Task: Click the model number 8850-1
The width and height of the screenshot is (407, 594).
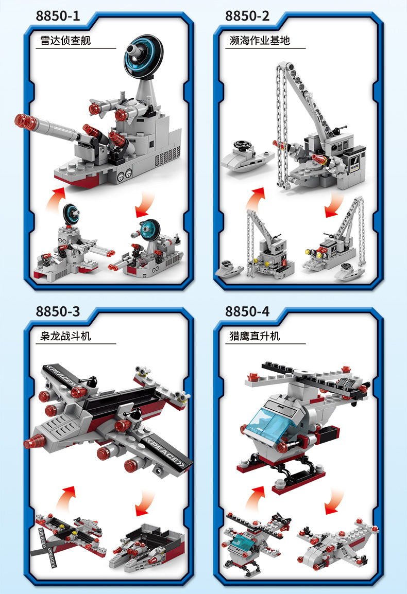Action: (x=58, y=15)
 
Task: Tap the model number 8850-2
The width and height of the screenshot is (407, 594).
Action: (x=247, y=15)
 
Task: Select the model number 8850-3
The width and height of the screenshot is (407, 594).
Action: (x=58, y=311)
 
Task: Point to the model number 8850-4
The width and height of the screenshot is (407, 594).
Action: (x=247, y=311)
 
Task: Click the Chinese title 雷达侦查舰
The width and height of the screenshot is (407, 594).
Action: (x=65, y=40)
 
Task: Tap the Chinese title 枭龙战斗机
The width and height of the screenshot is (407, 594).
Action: (x=65, y=336)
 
